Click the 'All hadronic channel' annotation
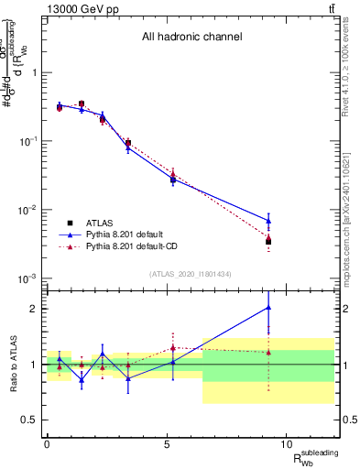[x=191, y=38]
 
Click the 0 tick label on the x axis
[x=47, y=444]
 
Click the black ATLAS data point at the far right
[x=268, y=242]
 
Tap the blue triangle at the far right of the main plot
[x=268, y=220]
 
